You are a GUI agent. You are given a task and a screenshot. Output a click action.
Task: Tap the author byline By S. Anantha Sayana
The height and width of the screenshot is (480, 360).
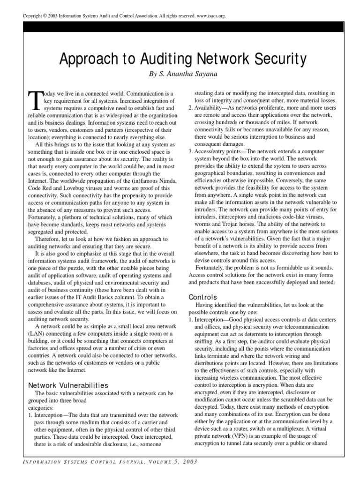(x=180, y=74)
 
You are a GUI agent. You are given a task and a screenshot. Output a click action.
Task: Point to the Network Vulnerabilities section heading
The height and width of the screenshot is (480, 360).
(x=68, y=385)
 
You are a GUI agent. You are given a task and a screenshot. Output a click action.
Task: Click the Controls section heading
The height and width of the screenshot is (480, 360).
(x=203, y=297)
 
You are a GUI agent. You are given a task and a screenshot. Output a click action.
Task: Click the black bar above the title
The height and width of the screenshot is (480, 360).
(x=180, y=30)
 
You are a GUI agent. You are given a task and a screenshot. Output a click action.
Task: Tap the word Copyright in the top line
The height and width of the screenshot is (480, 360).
(x=34, y=15)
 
